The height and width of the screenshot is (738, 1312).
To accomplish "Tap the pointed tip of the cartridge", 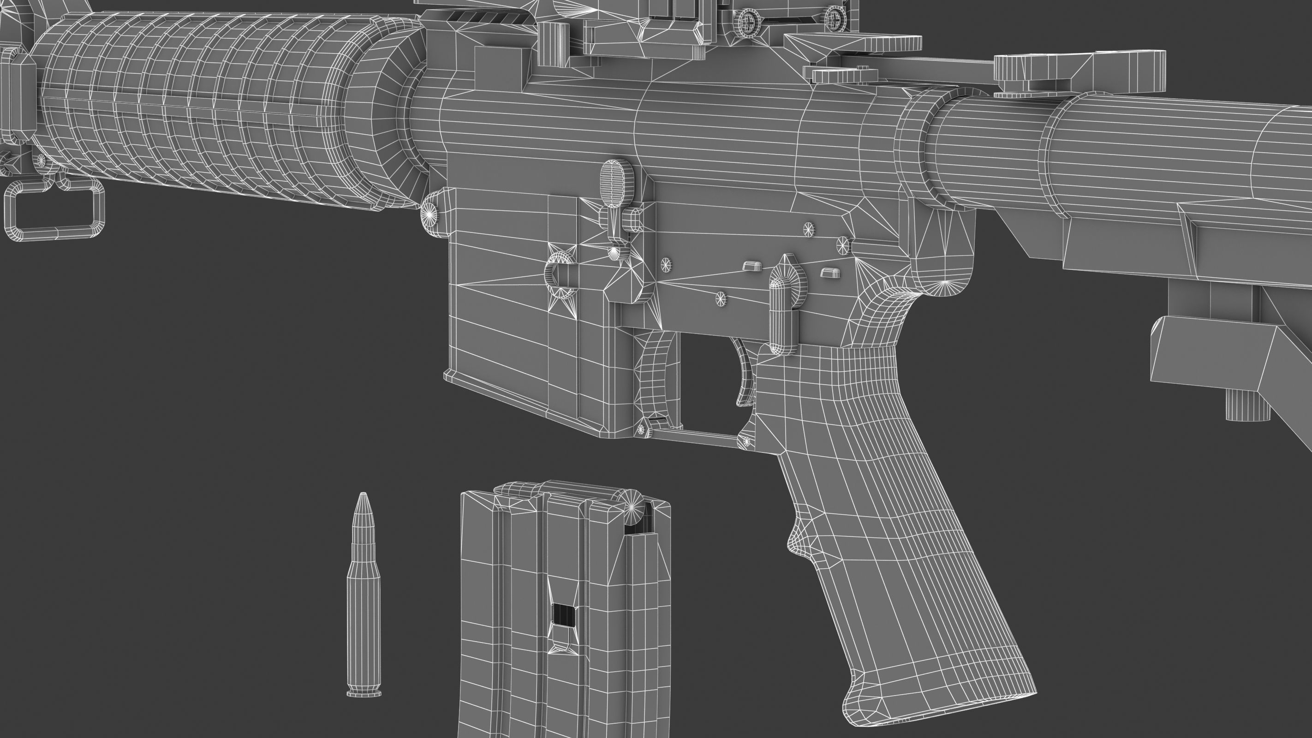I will click(x=363, y=497).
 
